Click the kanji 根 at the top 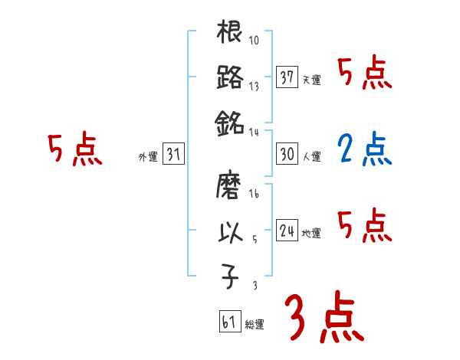pos(230,34)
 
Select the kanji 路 pos(230,77)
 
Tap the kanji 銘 pos(230,122)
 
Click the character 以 pos(230,232)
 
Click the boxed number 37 pos(287,77)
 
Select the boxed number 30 pos(287,153)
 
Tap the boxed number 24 pos(287,230)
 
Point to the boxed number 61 pos(229,321)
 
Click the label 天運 pos(311,80)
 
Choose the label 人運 pos(311,156)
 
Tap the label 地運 pos(311,233)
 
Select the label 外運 pos(147,157)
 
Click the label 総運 pos(254,324)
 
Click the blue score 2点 pos(364,151)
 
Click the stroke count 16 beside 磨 pos(254,195)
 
